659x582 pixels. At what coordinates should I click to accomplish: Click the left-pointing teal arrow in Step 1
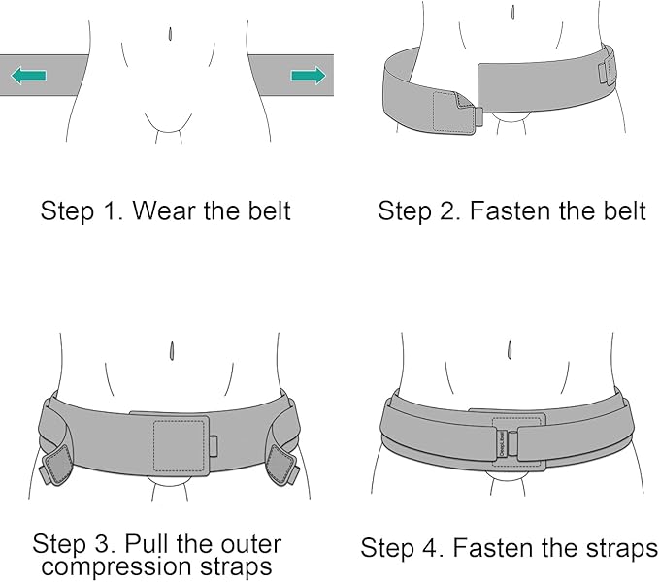(29, 75)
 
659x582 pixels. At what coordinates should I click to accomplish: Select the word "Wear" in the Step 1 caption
(166, 210)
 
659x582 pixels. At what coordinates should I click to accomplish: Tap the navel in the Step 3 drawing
(172, 349)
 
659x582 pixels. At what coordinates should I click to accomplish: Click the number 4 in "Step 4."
(437, 548)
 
